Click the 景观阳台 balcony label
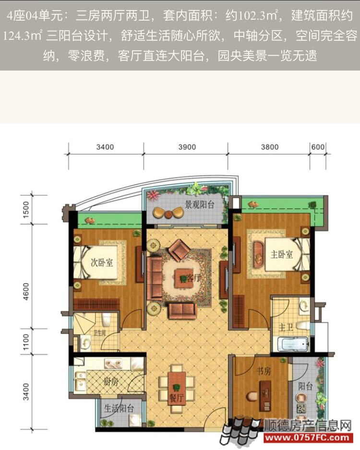pos(200,205)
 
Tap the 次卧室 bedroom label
pos(102,262)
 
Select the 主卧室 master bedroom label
pos(282,254)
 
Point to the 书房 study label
pos(264,371)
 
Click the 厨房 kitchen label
pos(111,382)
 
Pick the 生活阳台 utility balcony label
pos(119,409)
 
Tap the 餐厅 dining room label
pos(177,398)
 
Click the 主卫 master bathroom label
pos(286,327)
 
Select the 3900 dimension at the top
pos(187,147)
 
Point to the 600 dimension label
pos(318,147)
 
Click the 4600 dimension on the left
pos(26,292)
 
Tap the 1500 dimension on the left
pos(26,210)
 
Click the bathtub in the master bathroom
pos(293,344)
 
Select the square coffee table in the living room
pos(183,277)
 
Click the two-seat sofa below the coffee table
pos(182,311)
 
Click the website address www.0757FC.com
pos(307,438)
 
